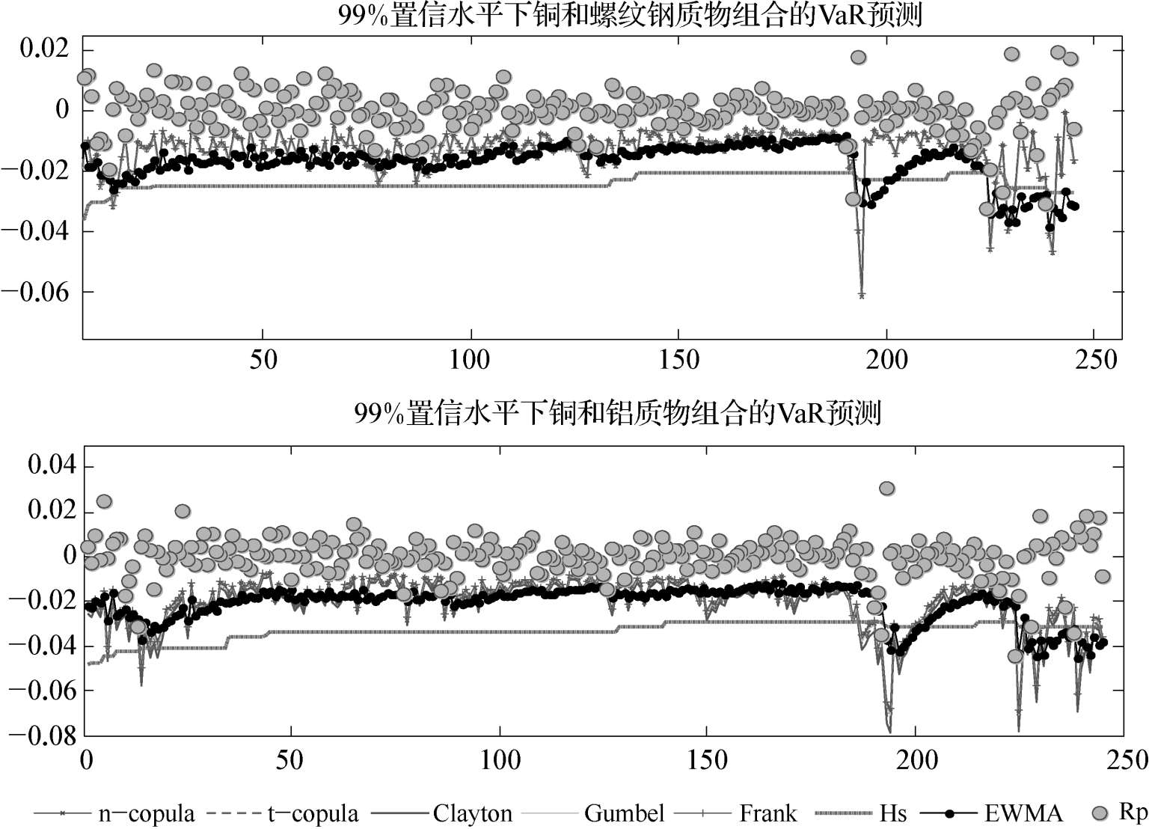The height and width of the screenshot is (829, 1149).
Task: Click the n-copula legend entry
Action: click(x=147, y=813)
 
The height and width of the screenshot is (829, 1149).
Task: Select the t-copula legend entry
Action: click(x=313, y=813)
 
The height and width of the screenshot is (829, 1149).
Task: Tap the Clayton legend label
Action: click(x=472, y=813)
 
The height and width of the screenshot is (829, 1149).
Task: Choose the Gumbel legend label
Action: click(x=625, y=813)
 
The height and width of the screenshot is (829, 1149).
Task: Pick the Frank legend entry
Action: click(x=767, y=813)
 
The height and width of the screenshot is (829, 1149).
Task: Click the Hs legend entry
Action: click(x=893, y=813)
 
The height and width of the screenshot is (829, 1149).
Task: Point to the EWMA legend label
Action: click(x=1023, y=813)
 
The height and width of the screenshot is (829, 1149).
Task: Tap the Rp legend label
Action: click(x=1133, y=812)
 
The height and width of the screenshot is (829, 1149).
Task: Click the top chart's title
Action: click(x=630, y=15)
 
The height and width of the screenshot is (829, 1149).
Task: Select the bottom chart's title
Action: click(x=618, y=412)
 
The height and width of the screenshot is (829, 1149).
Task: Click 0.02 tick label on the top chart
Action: click(x=44, y=50)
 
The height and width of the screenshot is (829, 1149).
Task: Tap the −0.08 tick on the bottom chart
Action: click(x=42, y=735)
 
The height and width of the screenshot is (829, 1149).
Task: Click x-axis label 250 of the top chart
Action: click(x=1094, y=360)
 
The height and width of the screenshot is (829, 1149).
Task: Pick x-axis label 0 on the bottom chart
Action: click(x=86, y=759)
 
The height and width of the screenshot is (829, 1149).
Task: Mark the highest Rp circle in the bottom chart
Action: click(x=887, y=489)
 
